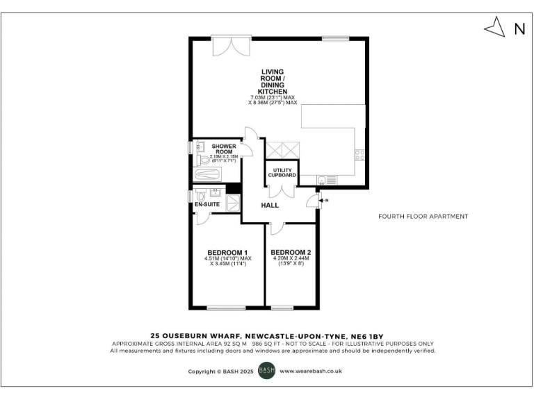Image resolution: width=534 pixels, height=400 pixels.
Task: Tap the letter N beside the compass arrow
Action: [x=519, y=28]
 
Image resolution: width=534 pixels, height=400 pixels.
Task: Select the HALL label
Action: [x=270, y=206]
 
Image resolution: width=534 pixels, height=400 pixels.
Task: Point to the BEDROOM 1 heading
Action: [x=227, y=252]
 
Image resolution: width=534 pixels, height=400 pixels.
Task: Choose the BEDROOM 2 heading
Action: [x=291, y=252]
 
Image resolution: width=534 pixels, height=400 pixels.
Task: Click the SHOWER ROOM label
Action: [x=223, y=149]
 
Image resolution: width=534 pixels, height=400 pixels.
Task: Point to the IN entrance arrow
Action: [x=323, y=201]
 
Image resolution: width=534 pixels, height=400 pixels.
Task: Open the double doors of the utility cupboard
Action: [x=281, y=149]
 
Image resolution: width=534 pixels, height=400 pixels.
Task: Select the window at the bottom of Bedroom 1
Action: [x=227, y=308]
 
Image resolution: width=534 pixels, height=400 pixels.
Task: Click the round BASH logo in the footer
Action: [x=267, y=371]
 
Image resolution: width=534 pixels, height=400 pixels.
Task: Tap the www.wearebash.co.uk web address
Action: [x=311, y=372]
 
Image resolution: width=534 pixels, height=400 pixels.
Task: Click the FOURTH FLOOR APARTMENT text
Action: [x=423, y=216]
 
